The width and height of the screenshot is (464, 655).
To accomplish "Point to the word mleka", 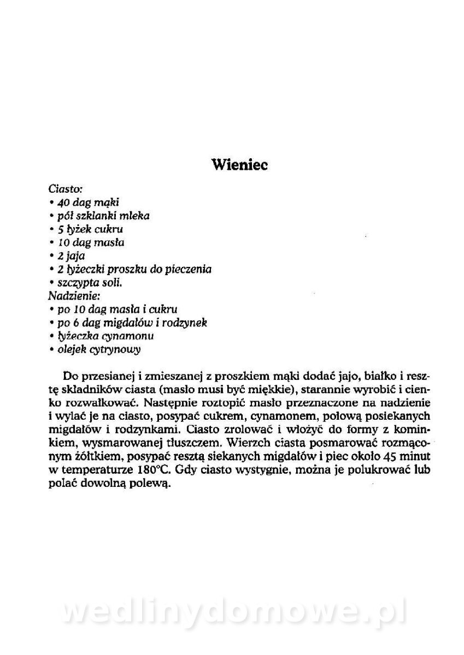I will [x=135, y=216].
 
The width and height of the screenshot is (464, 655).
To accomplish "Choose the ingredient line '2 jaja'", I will [x=71, y=255].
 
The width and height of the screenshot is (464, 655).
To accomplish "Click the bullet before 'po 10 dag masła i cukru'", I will [x=50, y=309].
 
